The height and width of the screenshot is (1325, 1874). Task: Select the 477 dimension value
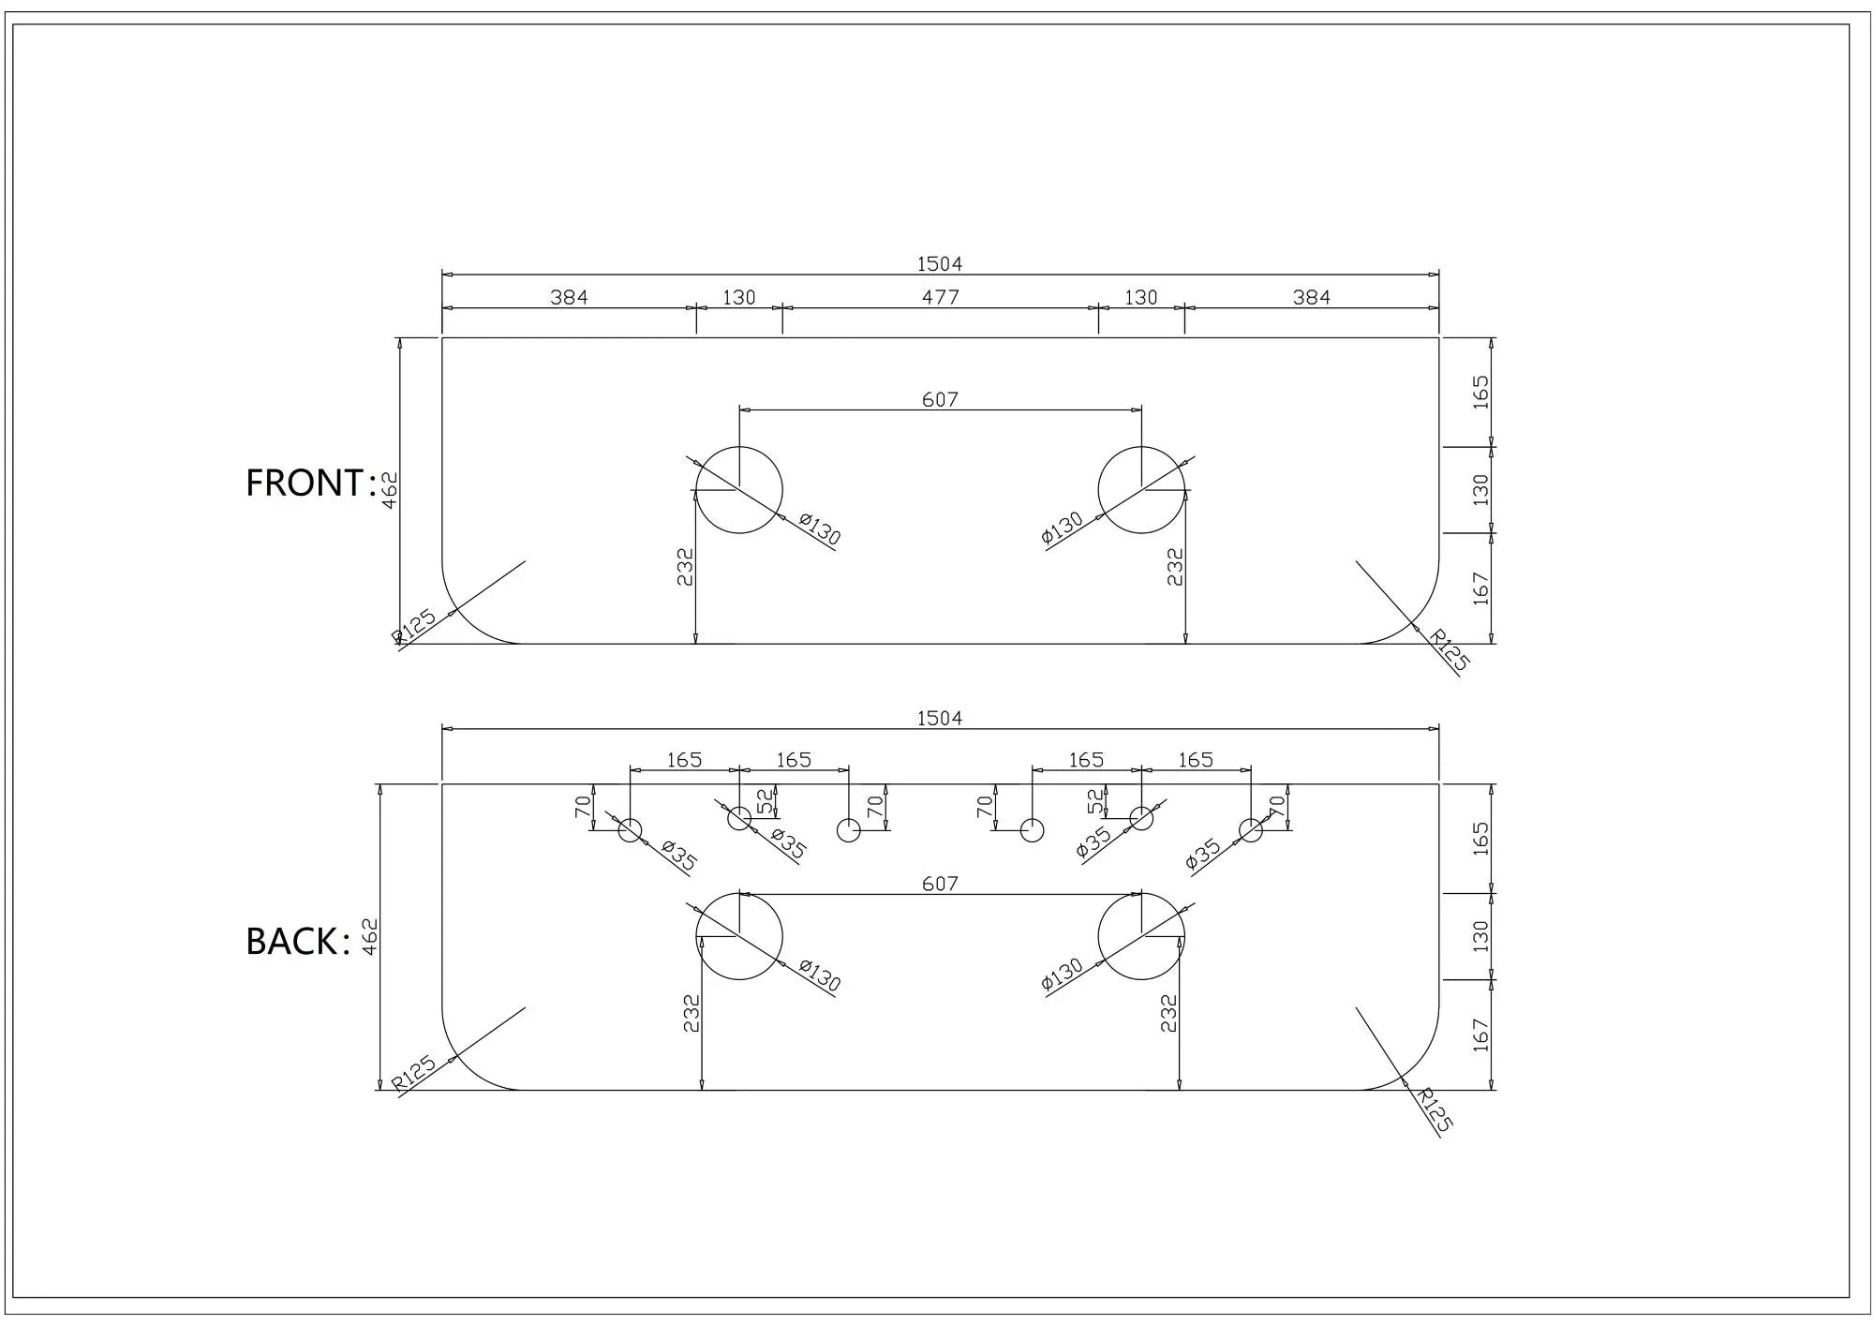click(x=940, y=297)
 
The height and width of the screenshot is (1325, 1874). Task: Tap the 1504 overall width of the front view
click(x=939, y=264)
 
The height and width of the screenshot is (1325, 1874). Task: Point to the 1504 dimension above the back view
click(x=939, y=718)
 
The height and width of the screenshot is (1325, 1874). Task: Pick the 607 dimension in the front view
click(x=940, y=399)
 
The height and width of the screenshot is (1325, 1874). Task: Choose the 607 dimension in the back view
click(x=940, y=883)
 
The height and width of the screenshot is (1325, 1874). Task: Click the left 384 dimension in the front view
click(x=569, y=297)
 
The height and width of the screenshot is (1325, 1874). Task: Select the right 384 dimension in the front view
click(x=1311, y=297)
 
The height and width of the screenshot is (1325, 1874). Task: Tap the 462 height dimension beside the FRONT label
click(x=391, y=490)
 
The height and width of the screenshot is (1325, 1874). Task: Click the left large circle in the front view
click(x=739, y=490)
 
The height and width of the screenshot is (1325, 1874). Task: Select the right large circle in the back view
click(x=1141, y=936)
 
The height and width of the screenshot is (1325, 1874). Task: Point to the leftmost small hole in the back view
click(x=630, y=829)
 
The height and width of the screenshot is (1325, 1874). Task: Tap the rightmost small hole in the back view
click(x=1251, y=829)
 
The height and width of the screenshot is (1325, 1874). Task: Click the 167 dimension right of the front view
click(x=1480, y=588)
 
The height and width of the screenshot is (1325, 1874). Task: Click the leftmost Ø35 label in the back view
click(x=679, y=856)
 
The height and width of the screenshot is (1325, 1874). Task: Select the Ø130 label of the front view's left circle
click(x=821, y=529)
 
